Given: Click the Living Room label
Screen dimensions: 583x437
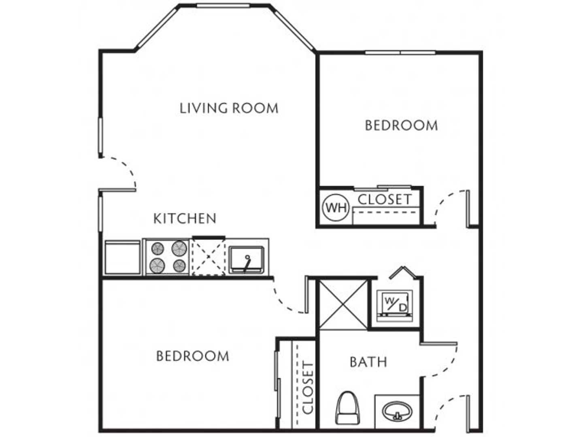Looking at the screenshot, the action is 229,108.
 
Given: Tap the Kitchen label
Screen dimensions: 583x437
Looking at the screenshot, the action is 185,218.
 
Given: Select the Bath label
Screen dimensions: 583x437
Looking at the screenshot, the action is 368,362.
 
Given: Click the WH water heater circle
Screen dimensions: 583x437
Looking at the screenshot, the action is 336,208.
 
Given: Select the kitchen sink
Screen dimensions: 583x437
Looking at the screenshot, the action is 247,260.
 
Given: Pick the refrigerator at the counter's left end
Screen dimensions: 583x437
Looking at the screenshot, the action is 122,257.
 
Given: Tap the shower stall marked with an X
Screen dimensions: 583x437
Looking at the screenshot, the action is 343,305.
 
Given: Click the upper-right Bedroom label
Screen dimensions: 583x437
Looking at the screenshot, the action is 401,125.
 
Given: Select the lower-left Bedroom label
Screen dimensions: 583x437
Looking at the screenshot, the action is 193,356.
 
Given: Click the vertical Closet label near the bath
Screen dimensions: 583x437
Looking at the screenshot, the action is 308,388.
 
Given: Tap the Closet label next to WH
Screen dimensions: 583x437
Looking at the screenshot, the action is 385,199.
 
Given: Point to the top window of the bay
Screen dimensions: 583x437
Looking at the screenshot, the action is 223,5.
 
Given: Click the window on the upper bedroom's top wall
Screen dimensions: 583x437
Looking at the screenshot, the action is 400,53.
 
